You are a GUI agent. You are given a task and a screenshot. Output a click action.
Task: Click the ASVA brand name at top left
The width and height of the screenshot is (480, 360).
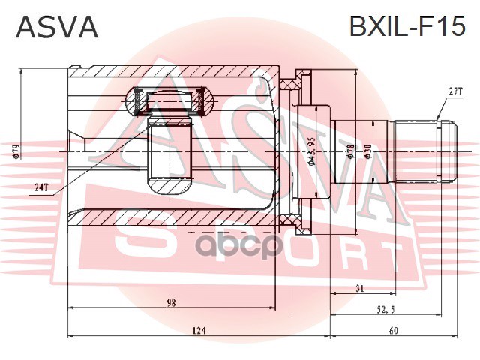pos(57,27)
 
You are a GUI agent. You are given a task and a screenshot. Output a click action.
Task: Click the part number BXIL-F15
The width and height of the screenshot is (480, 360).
pos(407,26)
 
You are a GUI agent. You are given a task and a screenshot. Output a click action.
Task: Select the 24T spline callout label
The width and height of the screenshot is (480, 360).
pos(41,187)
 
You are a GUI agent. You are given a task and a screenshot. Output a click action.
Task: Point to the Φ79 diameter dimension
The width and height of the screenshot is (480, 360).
pos(16,151)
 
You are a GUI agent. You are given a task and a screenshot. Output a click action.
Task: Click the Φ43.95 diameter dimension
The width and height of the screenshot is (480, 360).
pos(311,151)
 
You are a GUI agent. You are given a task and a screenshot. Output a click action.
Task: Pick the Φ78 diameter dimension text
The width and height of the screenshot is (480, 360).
pos(351,151)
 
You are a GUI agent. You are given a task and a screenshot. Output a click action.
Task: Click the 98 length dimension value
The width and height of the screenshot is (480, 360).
pos(172,303)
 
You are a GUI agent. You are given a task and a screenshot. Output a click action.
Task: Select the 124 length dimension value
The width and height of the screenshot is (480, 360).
pos(199,330)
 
